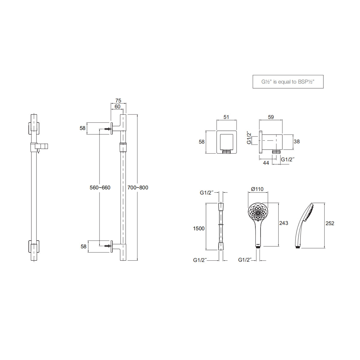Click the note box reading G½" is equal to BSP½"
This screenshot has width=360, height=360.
(x=288, y=82)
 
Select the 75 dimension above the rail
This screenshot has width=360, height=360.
(x=118, y=100)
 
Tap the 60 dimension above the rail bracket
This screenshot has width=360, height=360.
(x=117, y=106)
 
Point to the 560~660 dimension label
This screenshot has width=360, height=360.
(x=100, y=187)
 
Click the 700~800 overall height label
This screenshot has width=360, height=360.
(x=138, y=187)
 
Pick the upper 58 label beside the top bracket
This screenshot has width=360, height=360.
(x=82, y=128)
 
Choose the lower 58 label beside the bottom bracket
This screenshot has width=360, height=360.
(x=83, y=246)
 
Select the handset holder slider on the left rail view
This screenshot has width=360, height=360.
(x=38, y=147)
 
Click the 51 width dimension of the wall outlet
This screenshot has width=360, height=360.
(x=226, y=117)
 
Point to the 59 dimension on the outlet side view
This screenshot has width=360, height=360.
(x=271, y=117)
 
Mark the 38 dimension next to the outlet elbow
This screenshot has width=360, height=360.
(x=296, y=141)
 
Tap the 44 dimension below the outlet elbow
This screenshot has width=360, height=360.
(x=266, y=163)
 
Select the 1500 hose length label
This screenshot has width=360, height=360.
(x=199, y=228)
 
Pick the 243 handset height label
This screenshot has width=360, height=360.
(x=283, y=223)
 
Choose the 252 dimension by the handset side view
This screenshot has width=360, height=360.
(x=330, y=223)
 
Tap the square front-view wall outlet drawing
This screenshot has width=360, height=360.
(x=226, y=142)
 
